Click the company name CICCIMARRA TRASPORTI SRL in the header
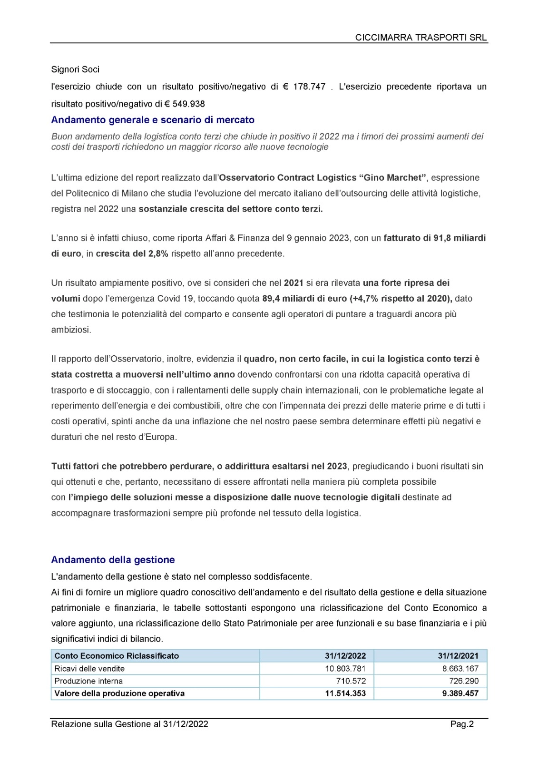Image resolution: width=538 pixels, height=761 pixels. pyautogui.click(x=421, y=38)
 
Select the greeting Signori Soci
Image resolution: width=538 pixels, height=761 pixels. pyautogui.click(x=75, y=69)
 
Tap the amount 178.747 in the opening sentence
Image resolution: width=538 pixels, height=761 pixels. pyautogui.click(x=309, y=87)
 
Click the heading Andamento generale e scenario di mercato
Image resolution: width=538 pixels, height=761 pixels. pyautogui.click(x=153, y=120)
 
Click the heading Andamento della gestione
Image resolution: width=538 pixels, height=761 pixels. pyautogui.click(x=113, y=560)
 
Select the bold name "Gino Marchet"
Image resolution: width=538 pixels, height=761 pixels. pyautogui.click(x=393, y=178)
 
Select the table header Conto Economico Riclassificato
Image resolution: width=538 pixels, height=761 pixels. pyautogui.click(x=117, y=656)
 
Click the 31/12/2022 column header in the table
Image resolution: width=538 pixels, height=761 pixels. pyautogui.click(x=345, y=656)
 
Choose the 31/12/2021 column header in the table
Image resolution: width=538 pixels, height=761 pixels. pyautogui.click(x=458, y=656)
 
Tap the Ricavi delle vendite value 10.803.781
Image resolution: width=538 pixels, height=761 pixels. pyautogui.click(x=345, y=668)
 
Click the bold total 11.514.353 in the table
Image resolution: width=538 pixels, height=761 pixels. pyautogui.click(x=345, y=693)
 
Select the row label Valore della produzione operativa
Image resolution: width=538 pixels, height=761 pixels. pyautogui.click(x=119, y=693)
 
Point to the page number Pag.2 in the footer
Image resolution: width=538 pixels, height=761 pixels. pyautogui.click(x=462, y=724)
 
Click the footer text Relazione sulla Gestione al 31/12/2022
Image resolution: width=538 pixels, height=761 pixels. pyautogui.click(x=129, y=724)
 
